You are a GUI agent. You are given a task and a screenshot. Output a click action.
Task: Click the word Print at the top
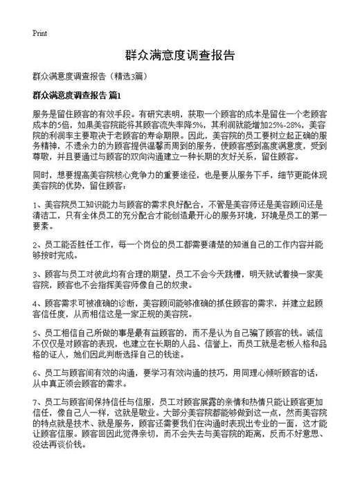[40, 33]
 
